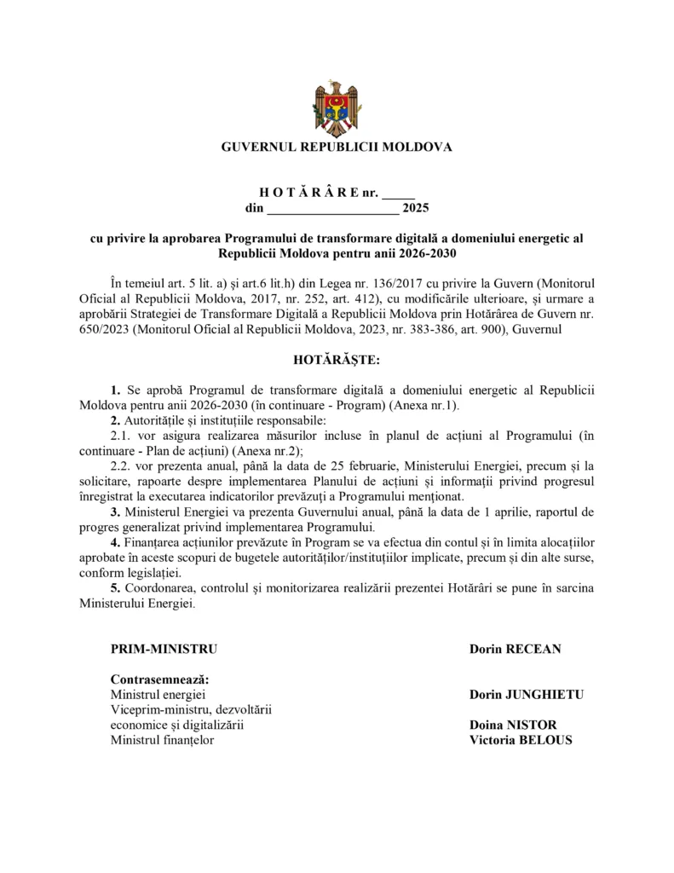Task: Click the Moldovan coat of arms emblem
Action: pyautogui.click(x=337, y=108)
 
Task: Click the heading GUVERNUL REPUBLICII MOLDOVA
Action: pyautogui.click(x=337, y=147)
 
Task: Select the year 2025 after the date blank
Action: pyautogui.click(x=417, y=207)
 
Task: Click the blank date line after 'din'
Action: pyautogui.click(x=333, y=208)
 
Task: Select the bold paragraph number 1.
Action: pyautogui.click(x=115, y=389)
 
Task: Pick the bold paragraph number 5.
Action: pyautogui.click(x=115, y=589)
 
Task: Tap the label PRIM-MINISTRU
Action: pyautogui.click(x=164, y=649)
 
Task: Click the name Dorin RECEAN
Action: pyautogui.click(x=515, y=649)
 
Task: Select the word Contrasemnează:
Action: pyautogui.click(x=160, y=680)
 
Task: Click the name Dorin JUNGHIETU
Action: pyautogui.click(x=526, y=695)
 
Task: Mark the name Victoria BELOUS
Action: pyautogui.click(x=520, y=740)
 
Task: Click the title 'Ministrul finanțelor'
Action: pyautogui.click(x=162, y=740)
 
